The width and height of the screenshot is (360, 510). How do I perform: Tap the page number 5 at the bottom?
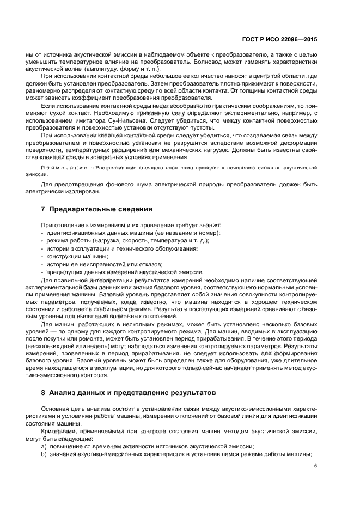[315, 465]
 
